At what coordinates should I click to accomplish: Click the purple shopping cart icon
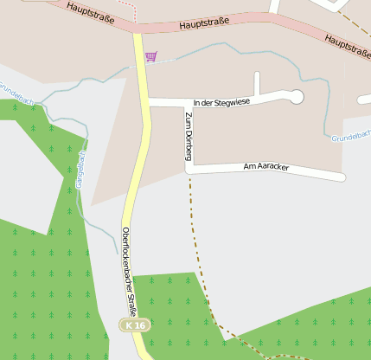click(x=151, y=56)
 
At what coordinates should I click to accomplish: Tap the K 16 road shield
click(x=132, y=325)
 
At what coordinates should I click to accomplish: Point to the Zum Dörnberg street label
click(x=188, y=136)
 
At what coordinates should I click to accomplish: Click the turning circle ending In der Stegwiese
click(x=296, y=96)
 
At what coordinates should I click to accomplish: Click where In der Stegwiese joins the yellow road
click(x=144, y=102)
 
